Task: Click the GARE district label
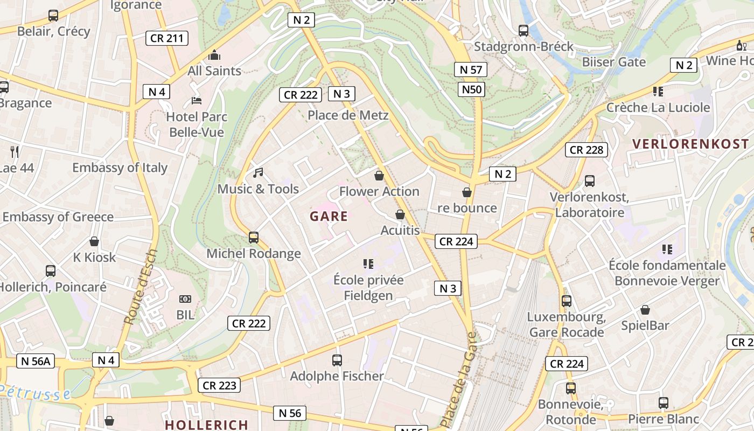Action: (329, 217)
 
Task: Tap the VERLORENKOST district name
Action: (691, 144)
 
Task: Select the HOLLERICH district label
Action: (206, 425)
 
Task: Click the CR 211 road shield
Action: (167, 38)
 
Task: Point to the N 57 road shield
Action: (471, 69)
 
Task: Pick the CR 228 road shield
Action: (587, 150)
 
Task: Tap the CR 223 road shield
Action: (219, 386)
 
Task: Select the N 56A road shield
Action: (36, 361)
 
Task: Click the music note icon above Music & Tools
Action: (258, 173)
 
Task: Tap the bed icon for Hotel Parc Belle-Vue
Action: (197, 101)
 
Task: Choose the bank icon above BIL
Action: (185, 299)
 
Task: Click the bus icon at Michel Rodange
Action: (254, 237)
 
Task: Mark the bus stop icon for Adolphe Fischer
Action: (337, 360)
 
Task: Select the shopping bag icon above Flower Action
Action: (379, 176)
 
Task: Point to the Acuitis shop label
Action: (400, 231)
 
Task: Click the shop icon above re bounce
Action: (467, 192)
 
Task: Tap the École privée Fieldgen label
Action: (368, 288)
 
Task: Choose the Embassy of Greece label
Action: (58, 217)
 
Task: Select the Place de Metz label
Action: (348, 115)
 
